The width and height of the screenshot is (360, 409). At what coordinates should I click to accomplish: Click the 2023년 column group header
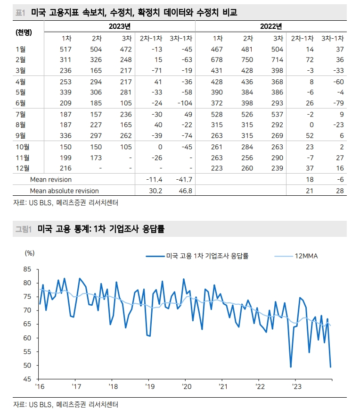click(119, 26)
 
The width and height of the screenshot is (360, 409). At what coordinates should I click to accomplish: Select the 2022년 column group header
click(271, 26)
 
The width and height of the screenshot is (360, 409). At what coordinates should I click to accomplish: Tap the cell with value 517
click(65, 49)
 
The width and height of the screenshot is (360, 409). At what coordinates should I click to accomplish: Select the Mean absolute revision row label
click(64, 191)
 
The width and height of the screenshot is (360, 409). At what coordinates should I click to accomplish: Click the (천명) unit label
click(24, 32)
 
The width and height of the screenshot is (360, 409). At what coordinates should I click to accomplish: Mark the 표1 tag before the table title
click(20, 12)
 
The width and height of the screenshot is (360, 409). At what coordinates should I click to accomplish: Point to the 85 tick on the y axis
click(27, 269)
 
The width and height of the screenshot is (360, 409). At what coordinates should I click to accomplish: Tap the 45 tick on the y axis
click(27, 379)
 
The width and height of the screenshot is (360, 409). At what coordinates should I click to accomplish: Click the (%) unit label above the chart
click(29, 253)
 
